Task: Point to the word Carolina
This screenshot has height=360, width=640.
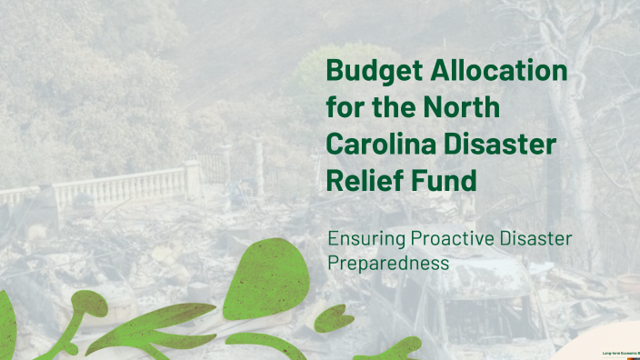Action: (x=383, y=144)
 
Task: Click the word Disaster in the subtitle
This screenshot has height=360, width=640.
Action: (x=539, y=239)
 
